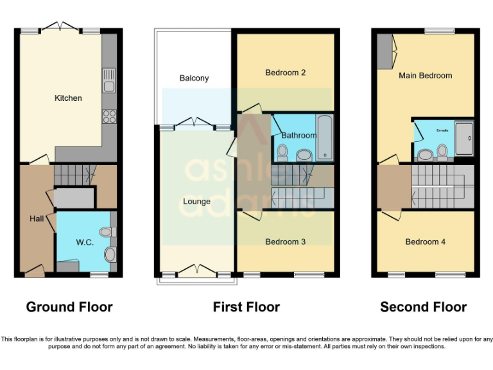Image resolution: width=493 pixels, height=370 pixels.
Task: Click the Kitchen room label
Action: click(68, 98)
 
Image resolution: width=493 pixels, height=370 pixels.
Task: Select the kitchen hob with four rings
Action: click(109, 116)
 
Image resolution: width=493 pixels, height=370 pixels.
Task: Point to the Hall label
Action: click(36, 218)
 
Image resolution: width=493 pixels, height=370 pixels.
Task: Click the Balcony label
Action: click(194, 78)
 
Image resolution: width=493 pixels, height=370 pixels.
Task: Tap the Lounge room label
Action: click(196, 201)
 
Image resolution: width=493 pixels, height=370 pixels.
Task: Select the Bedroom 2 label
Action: click(285, 73)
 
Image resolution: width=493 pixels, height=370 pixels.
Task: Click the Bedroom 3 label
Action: click(285, 242)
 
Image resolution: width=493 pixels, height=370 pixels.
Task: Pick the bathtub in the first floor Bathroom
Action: click(324, 137)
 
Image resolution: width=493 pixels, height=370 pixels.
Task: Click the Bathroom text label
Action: click(298, 136)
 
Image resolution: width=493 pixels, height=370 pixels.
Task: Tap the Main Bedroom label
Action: click(425, 75)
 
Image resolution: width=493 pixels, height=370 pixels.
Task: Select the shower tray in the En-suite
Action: click(464, 138)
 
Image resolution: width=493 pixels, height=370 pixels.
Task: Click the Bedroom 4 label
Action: click(425, 242)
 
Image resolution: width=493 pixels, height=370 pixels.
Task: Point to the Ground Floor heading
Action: click(69, 307)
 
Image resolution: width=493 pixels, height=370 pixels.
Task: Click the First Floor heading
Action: click(246, 307)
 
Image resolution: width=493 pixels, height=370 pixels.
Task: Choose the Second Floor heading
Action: click(424, 307)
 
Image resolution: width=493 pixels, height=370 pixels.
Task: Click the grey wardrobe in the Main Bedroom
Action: click(384, 51)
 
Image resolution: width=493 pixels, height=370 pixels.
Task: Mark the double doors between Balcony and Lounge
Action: click(195, 123)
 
